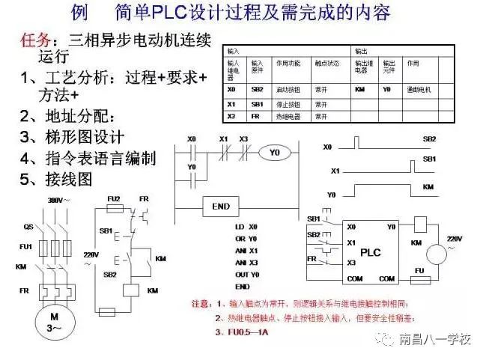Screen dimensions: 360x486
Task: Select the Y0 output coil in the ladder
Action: click(x=275, y=153)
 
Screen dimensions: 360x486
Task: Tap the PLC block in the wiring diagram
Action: click(x=369, y=252)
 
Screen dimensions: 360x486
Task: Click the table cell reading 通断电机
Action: click(x=418, y=88)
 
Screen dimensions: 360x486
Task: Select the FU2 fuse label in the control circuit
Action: click(x=114, y=198)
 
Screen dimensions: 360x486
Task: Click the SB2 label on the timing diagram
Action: click(x=430, y=139)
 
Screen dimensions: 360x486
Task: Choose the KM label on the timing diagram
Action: click(x=429, y=185)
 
